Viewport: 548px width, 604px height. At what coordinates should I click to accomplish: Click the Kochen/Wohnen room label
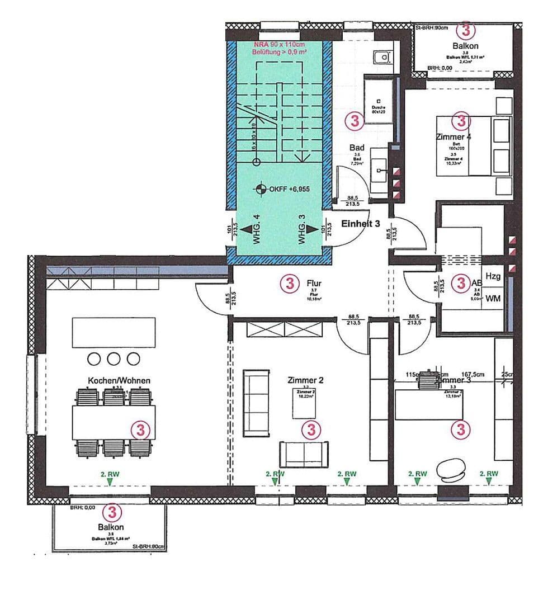(119, 381)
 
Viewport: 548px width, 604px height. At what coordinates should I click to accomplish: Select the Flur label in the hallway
(314, 283)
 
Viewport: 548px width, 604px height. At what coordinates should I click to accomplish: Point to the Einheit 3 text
(361, 223)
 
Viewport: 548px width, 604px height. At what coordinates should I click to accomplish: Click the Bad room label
(357, 148)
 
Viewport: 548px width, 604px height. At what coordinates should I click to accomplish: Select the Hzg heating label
(493, 276)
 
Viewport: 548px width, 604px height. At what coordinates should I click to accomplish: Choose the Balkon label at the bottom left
(111, 527)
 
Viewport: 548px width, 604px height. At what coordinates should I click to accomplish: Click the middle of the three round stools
(114, 358)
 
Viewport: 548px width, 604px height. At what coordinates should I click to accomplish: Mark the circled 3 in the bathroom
(354, 120)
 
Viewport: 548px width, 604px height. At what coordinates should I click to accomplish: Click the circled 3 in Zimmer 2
(311, 430)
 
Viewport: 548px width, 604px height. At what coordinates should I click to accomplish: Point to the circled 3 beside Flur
(290, 283)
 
